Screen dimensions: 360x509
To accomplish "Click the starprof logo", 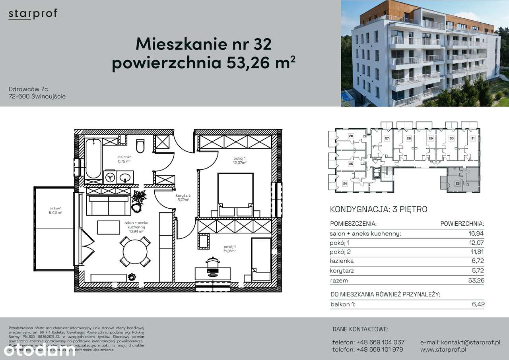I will coord(33,14).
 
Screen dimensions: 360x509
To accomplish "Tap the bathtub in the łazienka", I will coord(93,159).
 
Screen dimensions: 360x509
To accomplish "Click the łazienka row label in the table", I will coord(342,261).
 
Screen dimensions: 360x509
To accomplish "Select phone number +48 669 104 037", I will coord(368,342).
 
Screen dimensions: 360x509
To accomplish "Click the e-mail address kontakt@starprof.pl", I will coord(460,342).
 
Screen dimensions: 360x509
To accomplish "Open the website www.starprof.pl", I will coord(443,350).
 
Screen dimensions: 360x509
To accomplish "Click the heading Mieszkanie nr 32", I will coord(203,44).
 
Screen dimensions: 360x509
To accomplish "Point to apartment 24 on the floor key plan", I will coord(345,184).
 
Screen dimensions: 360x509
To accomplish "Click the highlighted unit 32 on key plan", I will coord(457,184).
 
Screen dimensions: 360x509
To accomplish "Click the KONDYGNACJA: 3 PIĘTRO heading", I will coord(379,209).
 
